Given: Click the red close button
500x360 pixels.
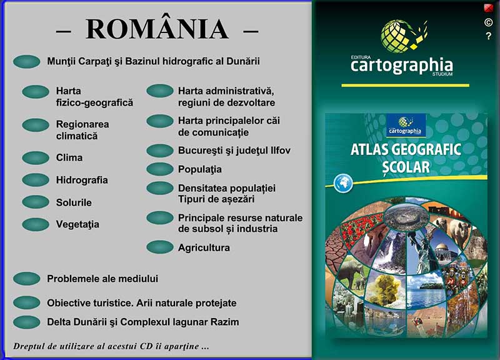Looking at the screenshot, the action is click(488, 8).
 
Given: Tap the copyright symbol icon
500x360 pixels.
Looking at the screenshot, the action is click(488, 22).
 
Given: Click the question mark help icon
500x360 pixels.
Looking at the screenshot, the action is click(489, 36).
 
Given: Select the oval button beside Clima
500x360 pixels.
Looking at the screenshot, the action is click(36, 158).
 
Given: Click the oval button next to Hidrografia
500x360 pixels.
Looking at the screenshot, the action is click(36, 180).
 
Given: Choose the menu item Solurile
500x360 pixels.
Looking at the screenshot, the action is click(74, 202).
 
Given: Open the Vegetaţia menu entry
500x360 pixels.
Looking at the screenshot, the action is click(77, 224).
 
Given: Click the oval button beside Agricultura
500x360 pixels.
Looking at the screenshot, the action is click(160, 247).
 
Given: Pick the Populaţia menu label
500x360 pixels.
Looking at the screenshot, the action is click(199, 169).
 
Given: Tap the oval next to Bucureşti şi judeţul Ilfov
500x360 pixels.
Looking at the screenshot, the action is click(160, 151).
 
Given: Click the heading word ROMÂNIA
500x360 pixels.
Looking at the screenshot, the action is click(157, 29).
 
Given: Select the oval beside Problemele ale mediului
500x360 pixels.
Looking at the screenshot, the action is click(27, 278).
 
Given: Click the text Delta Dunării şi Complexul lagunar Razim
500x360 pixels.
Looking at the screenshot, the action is click(143, 322).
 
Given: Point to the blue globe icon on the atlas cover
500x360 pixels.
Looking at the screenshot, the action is click(343, 183).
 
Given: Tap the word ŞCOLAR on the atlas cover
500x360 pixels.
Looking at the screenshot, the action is click(406, 167).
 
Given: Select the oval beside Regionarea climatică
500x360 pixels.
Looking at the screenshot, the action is click(36, 124).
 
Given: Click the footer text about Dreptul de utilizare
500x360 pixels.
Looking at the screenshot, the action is click(111, 346).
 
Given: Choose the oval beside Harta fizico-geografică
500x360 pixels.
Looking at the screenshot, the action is click(36, 92).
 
